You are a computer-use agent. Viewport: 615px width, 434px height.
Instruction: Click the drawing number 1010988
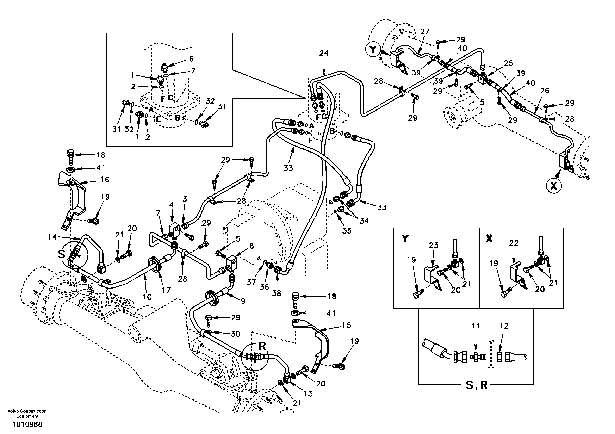point(27,425)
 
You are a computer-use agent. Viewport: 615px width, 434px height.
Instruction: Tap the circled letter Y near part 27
point(373,49)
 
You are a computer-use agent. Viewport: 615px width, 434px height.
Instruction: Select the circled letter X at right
point(554,185)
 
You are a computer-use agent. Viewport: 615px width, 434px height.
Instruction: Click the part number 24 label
point(324,53)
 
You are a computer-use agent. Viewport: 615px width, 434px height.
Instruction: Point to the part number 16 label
point(105,180)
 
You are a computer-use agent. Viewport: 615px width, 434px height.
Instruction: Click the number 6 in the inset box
point(191,59)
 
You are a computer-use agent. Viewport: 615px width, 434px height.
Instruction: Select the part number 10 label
point(147,297)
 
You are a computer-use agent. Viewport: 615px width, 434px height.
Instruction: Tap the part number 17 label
point(166,290)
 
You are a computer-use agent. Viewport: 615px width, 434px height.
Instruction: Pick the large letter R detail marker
point(262,346)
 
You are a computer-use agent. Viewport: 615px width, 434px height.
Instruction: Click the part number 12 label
point(504,326)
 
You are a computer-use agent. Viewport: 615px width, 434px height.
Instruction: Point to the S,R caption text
point(476,385)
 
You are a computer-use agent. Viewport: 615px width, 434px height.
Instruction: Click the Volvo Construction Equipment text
point(27,413)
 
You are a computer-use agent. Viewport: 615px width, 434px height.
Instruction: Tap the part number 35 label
point(347,231)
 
